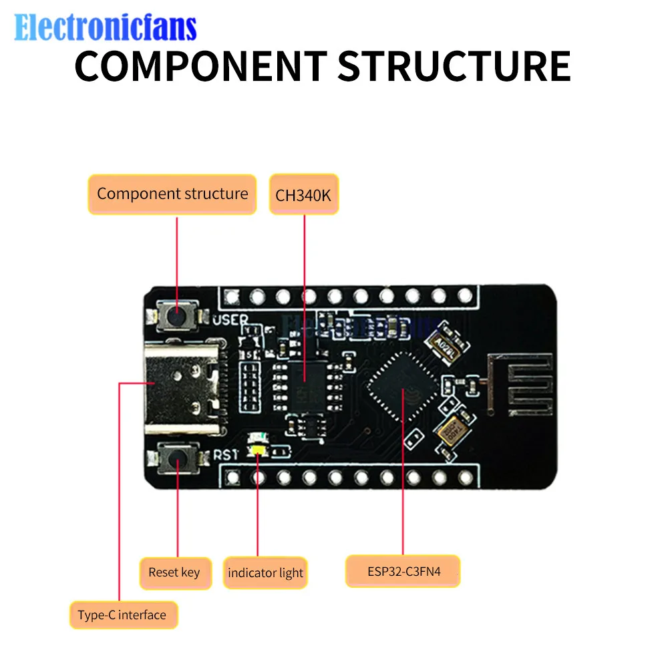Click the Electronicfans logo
(x=106, y=27)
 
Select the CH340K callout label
(x=304, y=195)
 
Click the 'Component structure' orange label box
(x=172, y=194)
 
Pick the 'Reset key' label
(x=174, y=572)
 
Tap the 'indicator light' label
(x=265, y=572)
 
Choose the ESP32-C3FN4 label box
(x=403, y=571)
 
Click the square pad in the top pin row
(x=232, y=295)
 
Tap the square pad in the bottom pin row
(x=232, y=477)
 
